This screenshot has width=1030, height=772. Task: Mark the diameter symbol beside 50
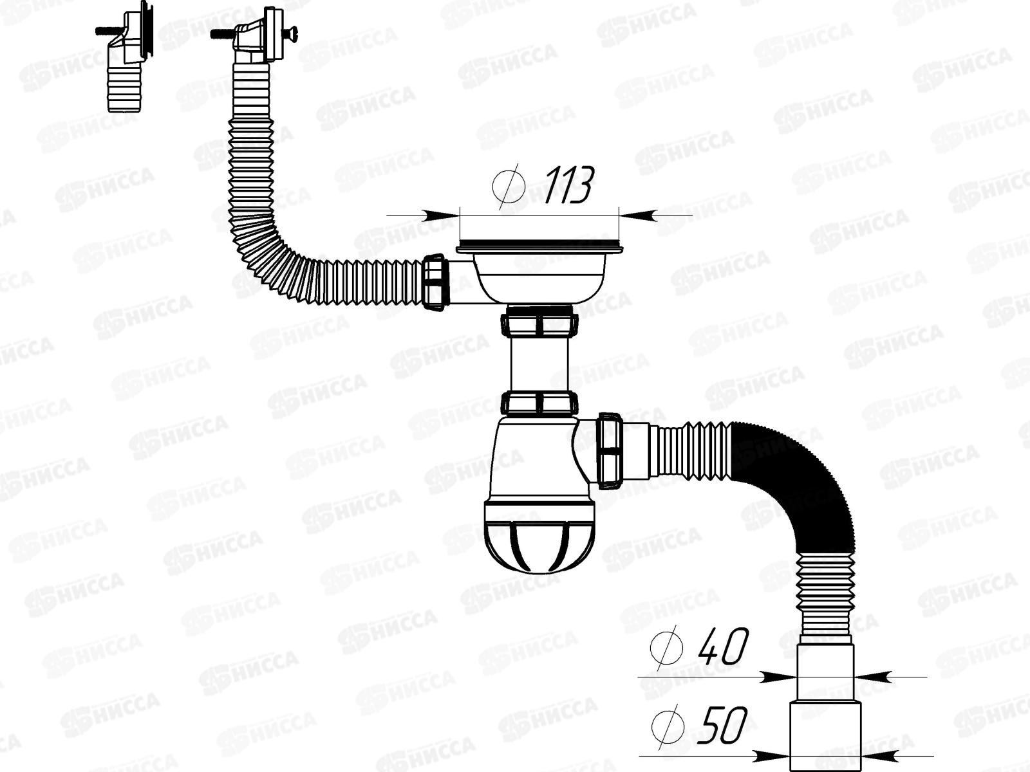666,725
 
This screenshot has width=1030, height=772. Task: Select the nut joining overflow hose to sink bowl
435,282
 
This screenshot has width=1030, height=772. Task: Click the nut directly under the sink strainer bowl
538,322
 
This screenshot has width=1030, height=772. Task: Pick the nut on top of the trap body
538,403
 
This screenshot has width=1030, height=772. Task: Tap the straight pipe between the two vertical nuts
538,363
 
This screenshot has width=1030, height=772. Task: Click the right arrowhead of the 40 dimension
869,677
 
